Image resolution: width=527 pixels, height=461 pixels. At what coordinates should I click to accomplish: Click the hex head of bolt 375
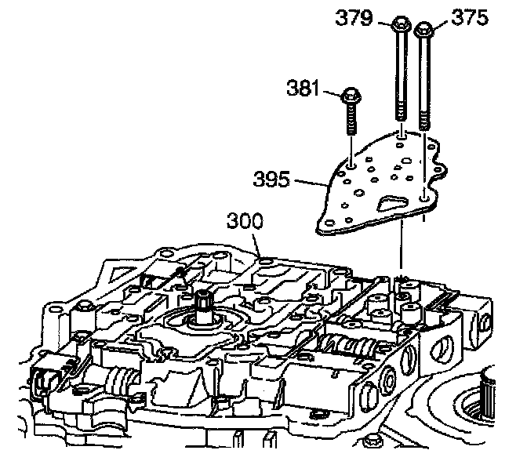(x=424, y=29)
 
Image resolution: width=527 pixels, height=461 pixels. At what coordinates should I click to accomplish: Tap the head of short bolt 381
(x=350, y=99)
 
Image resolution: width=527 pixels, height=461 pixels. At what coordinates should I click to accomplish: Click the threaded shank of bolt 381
(x=351, y=129)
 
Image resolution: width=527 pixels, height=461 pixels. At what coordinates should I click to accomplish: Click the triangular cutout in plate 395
(x=391, y=206)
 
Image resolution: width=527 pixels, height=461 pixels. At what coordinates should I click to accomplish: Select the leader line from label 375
(x=439, y=25)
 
